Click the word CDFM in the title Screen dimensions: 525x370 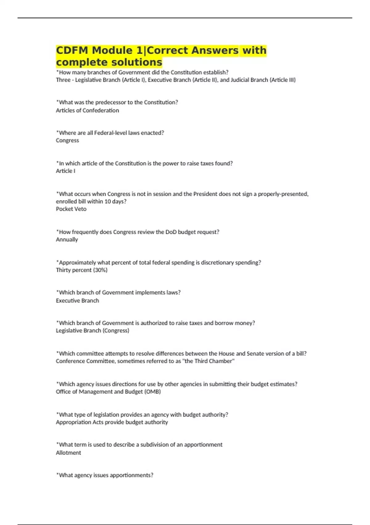click(x=72, y=50)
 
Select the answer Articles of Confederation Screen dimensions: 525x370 click(x=87, y=110)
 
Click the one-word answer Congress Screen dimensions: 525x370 click(x=67, y=140)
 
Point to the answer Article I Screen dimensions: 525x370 click(x=65, y=171)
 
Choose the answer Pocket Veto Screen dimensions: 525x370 click(x=71, y=209)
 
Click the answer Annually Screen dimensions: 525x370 click(x=67, y=239)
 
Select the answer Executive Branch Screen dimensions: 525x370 click(x=77, y=300)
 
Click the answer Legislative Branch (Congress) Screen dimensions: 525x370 click(x=92, y=330)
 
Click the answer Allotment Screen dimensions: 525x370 click(x=68, y=452)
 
